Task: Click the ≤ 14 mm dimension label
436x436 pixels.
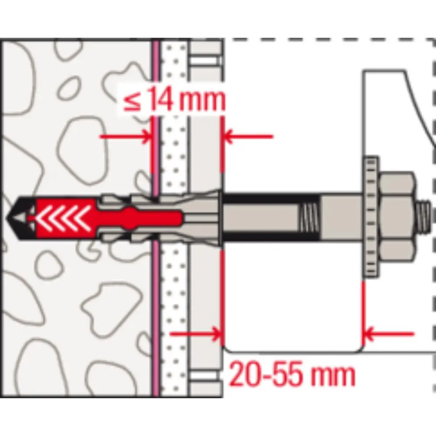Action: click(174, 99)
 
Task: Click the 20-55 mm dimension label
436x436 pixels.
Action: click(292, 375)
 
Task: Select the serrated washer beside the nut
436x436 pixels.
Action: click(370, 217)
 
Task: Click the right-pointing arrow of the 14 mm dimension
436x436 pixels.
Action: click(126, 136)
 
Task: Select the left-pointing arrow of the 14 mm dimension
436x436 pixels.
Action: click(248, 136)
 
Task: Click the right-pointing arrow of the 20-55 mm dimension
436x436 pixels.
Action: click(196, 334)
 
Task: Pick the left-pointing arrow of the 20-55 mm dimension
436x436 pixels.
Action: click(389, 334)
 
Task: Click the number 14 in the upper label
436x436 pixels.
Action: click(161, 99)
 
